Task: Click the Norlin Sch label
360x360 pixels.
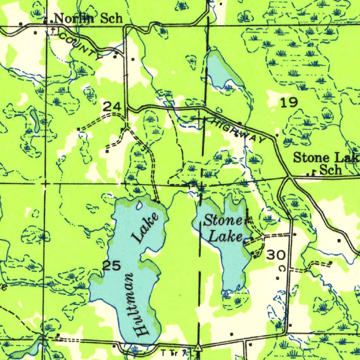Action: [88, 18]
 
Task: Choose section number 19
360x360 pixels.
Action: [289, 103]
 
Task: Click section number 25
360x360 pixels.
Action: [111, 266]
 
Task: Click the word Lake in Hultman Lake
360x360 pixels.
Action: [145, 228]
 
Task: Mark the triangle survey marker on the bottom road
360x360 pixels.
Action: [199, 348]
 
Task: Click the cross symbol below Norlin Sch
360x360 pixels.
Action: [53, 31]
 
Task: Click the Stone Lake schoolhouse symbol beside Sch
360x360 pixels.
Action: [311, 173]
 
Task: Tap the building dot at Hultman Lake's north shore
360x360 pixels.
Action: [159, 202]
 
